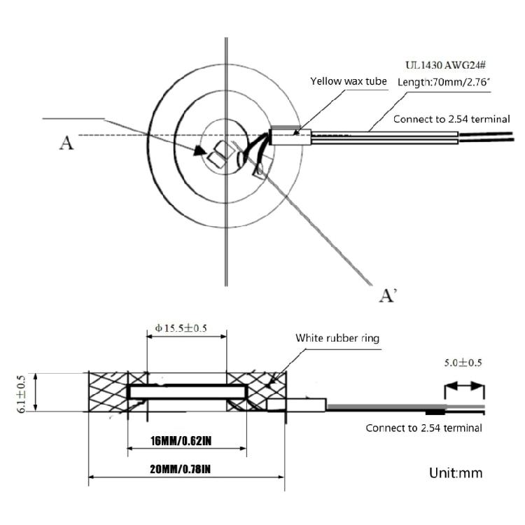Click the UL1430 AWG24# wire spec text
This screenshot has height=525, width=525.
(x=445, y=65)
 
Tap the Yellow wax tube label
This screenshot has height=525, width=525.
(x=348, y=81)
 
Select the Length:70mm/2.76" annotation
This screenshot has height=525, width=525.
(x=444, y=82)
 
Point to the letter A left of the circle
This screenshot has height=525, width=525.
(x=66, y=143)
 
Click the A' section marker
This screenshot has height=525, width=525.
(x=388, y=295)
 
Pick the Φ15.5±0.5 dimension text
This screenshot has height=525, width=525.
(x=181, y=328)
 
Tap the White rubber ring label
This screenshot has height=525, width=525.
(x=337, y=338)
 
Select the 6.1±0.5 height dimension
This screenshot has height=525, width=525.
(x=21, y=394)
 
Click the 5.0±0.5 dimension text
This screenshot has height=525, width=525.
(x=463, y=363)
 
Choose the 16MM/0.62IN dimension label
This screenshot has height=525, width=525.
(x=181, y=441)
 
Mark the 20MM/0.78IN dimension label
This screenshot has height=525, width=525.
(x=180, y=469)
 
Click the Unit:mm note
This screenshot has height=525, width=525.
(x=456, y=473)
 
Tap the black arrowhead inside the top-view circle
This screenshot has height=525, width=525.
(x=200, y=150)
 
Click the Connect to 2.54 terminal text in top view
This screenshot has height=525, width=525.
(x=451, y=119)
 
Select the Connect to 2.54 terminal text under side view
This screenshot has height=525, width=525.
(x=423, y=428)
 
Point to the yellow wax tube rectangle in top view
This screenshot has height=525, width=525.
(x=290, y=137)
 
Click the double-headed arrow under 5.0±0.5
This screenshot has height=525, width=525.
(x=464, y=386)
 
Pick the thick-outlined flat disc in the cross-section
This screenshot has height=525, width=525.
(x=187, y=392)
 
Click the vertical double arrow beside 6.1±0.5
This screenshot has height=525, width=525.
(x=36, y=392)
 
